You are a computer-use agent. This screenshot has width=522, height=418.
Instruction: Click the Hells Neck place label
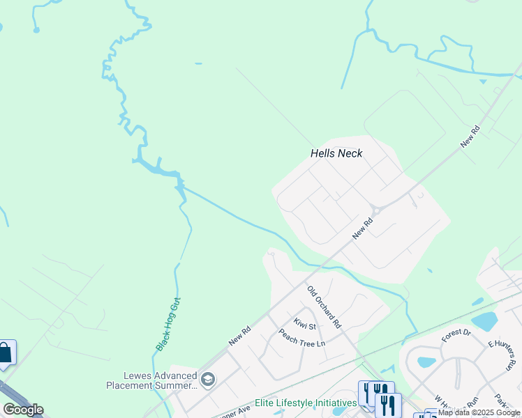pyautogui.click(x=336, y=153)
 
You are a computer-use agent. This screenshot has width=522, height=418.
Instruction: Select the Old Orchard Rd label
pyautogui.click(x=324, y=307)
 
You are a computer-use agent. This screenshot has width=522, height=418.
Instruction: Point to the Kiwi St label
pyautogui.click(x=305, y=323)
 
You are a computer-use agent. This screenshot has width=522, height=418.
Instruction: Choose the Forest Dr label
pyautogui.click(x=456, y=336)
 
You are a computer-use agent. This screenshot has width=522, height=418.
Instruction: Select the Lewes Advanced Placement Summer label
pyautogui.click(x=151, y=380)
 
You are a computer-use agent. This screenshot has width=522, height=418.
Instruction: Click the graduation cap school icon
pyautogui.click(x=207, y=380)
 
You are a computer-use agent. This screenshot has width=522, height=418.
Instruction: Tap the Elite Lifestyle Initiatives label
pyautogui.click(x=306, y=403)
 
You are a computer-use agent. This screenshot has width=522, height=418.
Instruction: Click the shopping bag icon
pyautogui.click(x=5, y=353)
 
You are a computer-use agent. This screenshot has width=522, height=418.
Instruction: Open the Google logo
pyautogui.click(x=23, y=410)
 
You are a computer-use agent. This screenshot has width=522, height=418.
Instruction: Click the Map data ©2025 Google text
pyautogui.click(x=479, y=412)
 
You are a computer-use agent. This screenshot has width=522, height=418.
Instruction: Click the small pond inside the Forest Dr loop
pyautogui.click(x=426, y=362)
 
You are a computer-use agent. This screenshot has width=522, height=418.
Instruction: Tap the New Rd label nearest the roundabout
pyautogui.click(x=363, y=229)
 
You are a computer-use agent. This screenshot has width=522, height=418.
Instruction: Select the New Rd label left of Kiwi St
pyautogui.click(x=239, y=336)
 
